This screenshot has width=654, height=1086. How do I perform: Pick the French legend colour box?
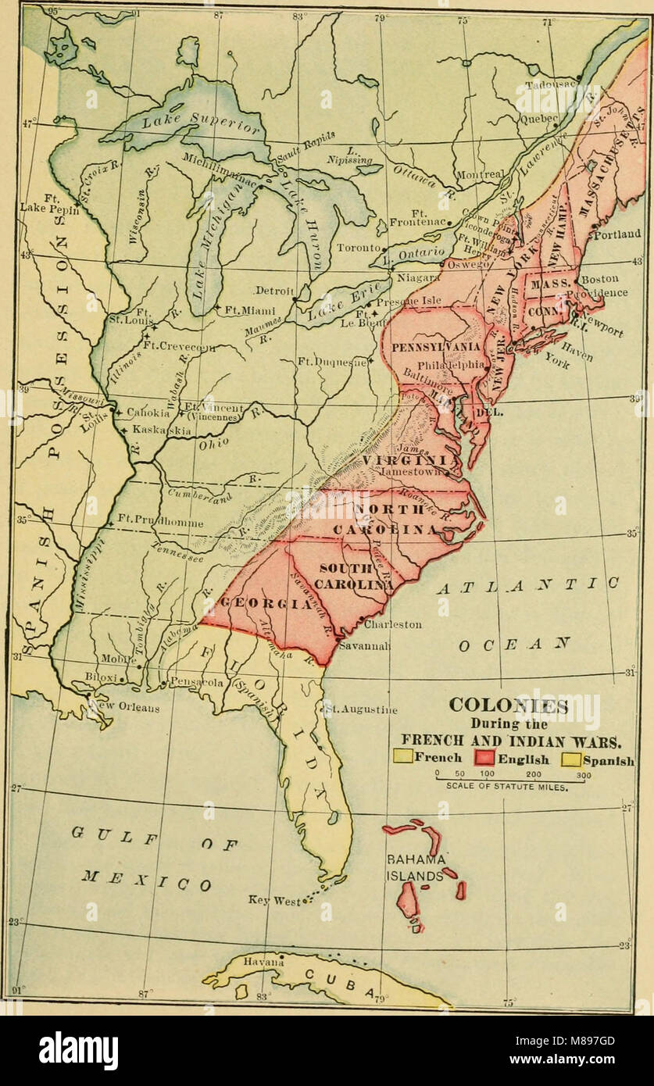click(402, 756)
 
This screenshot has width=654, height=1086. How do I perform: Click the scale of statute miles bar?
click(512, 778)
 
